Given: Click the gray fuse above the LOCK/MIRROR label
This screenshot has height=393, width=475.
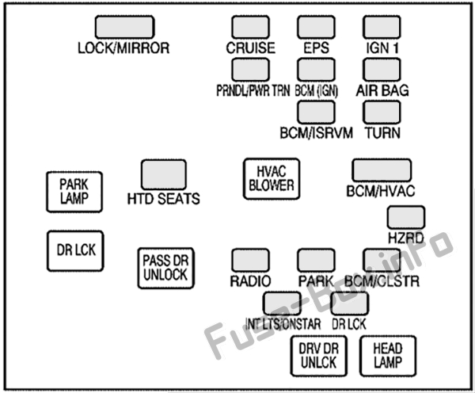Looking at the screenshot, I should [123, 27].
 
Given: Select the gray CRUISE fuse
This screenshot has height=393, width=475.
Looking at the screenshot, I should [250, 27].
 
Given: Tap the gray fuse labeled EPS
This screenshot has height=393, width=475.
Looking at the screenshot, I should [316, 27].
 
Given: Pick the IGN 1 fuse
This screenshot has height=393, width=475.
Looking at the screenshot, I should [382, 27].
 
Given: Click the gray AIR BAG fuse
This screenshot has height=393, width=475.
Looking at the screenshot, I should [382, 69].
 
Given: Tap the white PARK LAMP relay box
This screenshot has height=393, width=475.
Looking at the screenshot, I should [73, 191].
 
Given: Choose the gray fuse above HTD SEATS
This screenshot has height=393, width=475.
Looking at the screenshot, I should [163, 174].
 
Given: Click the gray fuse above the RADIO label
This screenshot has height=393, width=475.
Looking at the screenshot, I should [250, 260].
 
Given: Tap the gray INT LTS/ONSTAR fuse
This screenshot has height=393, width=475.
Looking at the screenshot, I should [282, 303].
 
